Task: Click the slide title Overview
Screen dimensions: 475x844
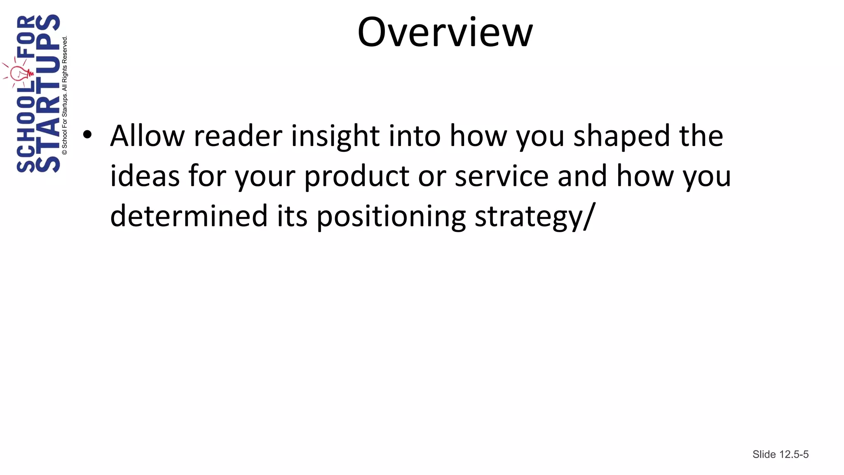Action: tap(445, 32)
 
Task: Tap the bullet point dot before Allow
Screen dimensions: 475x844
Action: tap(87, 134)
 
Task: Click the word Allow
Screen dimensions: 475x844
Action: tap(147, 136)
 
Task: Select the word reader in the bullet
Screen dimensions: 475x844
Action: tap(238, 136)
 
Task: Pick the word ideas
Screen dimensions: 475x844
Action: tap(145, 176)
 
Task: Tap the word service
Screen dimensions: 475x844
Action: tap(502, 176)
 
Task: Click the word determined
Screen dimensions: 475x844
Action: tap(189, 216)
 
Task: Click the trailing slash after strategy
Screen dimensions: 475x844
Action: tap(589, 216)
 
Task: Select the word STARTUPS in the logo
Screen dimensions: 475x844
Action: tap(49, 93)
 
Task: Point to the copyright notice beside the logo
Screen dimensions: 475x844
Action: tap(65, 96)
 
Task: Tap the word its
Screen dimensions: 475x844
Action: tap(292, 216)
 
